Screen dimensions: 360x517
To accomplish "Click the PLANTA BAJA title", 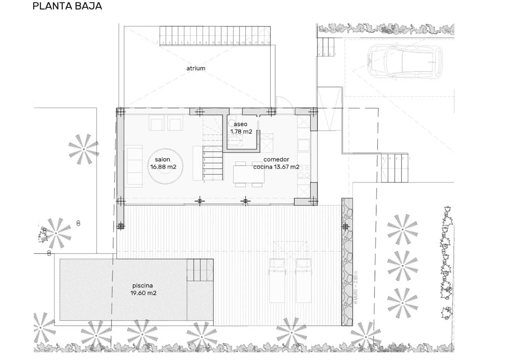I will click(67, 6).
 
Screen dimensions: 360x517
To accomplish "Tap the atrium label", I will click(196, 68).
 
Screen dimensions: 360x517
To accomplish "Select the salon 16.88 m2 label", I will click(163, 163).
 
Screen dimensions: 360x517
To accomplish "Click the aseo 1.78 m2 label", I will click(241, 128).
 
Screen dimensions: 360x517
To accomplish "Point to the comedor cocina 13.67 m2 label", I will click(276, 163).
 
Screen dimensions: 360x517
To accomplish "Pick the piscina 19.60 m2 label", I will click(143, 289).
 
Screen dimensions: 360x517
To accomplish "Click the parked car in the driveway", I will click(404, 61).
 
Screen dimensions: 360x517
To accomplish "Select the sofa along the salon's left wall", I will click(135, 166).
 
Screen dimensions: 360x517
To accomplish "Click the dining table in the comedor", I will click(249, 174).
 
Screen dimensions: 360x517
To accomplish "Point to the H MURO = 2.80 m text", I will click(356, 287).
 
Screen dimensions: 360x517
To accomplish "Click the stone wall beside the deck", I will click(347, 263).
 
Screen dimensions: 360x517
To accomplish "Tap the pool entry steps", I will click(199, 270).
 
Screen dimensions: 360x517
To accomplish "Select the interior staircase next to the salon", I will click(212, 163).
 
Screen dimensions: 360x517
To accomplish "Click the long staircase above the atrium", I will click(215, 36).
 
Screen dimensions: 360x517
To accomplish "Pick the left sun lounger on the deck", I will click(277, 280).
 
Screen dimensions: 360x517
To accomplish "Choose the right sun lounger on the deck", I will click(303, 280).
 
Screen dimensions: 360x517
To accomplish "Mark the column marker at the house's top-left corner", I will click(120, 112).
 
